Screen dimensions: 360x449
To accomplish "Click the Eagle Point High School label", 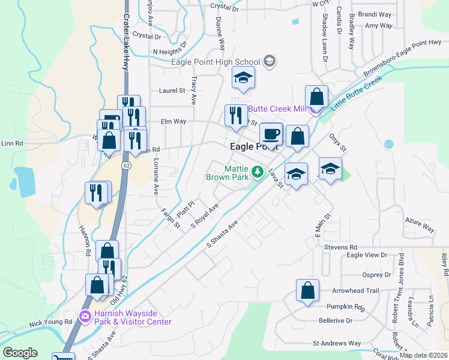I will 215,62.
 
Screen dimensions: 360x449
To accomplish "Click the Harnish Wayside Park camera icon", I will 85,316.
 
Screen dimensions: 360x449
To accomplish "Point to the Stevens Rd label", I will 340,247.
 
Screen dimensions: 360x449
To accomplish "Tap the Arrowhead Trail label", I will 356,290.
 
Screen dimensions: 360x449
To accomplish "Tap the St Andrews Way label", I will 337,344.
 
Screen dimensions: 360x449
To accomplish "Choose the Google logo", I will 20,353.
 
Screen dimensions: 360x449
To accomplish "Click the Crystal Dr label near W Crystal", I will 224,7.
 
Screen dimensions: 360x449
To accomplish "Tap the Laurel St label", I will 172,91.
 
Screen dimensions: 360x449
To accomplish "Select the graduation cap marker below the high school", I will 243,77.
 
